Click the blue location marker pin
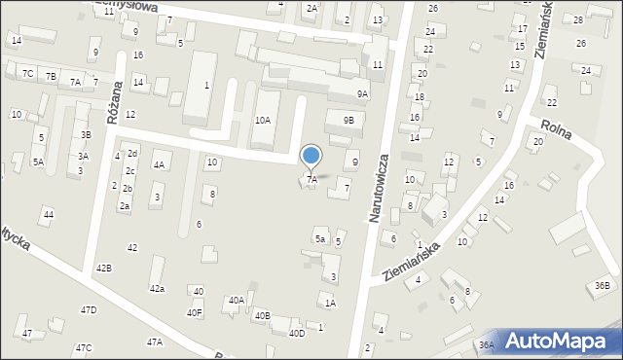pos(311,156)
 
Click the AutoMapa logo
pos(562,340)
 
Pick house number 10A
pos(263,120)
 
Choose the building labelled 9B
pos(348,120)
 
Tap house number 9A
pos(362,94)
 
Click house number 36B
pos(603,285)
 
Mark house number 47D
pos(89,309)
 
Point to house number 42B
pos(103,268)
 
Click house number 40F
pos(195,312)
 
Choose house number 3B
pos(86,134)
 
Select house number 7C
pos(28,74)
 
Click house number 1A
pos(330,304)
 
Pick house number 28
pos(578,19)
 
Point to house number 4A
pos(159,165)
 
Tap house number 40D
pos(297,333)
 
